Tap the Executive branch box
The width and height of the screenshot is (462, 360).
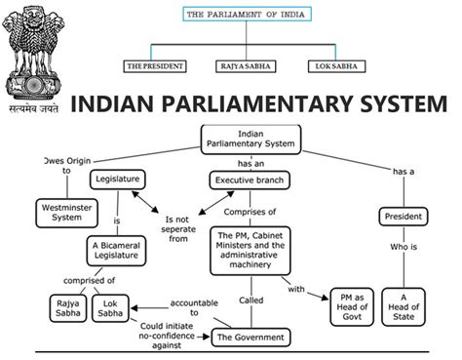click(x=247, y=180)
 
